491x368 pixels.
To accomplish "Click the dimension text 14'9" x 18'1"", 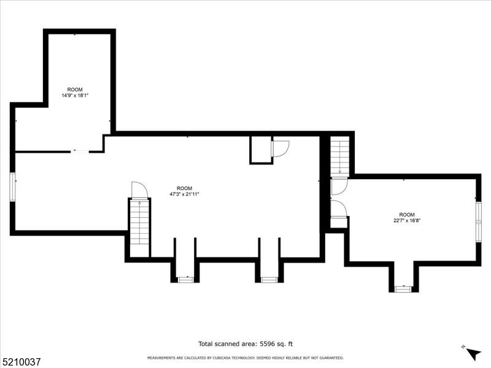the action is click(x=75, y=96).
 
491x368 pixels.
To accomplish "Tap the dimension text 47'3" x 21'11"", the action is click(x=185, y=194).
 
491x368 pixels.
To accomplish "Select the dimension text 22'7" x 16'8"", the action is click(x=407, y=220).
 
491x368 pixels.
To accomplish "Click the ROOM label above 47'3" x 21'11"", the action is click(x=185, y=188).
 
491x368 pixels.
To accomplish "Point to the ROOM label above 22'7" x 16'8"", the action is click(x=407, y=215).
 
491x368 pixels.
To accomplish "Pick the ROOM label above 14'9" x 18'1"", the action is click(x=75, y=90).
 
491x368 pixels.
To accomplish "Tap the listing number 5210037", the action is click(x=20, y=362).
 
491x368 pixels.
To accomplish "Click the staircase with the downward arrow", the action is click(x=340, y=156).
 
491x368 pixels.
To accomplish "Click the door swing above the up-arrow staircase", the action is click(x=139, y=190).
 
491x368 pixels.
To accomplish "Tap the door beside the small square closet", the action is click(x=280, y=149).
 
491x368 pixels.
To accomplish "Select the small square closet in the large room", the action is click(x=261, y=150).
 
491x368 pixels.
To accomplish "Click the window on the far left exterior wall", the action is click(x=12, y=187).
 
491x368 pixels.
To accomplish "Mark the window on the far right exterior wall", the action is click(x=479, y=222).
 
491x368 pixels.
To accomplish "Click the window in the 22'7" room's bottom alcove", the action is click(x=403, y=289).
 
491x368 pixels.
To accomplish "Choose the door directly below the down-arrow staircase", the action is click(x=339, y=186).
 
